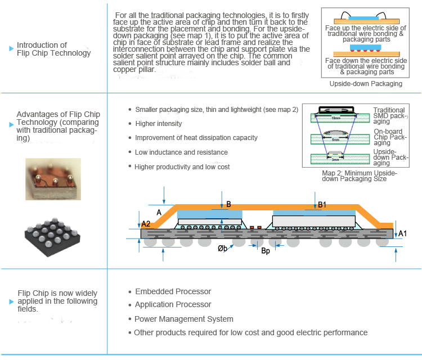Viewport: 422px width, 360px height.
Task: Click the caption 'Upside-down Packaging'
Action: pyautogui.click(x=366, y=84)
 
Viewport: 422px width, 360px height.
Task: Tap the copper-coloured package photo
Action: pyautogui.click(x=53, y=179)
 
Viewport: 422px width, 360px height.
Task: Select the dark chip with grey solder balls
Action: pyautogui.click(x=53, y=235)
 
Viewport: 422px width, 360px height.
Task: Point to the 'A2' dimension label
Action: pyautogui.click(x=146, y=224)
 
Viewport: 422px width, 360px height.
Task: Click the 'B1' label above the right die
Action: pyautogui.click(x=322, y=205)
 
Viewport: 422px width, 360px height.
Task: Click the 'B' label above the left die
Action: pyautogui.click(x=228, y=205)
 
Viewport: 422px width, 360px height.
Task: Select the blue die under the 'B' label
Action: pyautogui.click(x=209, y=214)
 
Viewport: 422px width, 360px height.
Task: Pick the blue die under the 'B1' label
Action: pyautogui.click(x=313, y=213)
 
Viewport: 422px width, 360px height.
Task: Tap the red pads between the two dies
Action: pyautogui.click(x=255, y=228)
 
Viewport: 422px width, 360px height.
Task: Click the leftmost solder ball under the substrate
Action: pyautogui.click(x=150, y=242)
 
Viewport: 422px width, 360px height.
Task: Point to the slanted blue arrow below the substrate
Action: pyautogui.click(x=227, y=248)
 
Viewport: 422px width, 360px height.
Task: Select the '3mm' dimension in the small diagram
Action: pyautogui.click(x=335, y=159)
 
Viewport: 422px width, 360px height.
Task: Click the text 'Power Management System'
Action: pyautogui.click(x=184, y=319)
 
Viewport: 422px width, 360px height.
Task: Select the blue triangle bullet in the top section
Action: pyautogui.click(x=12, y=49)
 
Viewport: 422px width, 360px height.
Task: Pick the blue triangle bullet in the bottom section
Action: pyautogui.click(x=12, y=301)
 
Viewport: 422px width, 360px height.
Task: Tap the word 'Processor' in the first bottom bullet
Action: pyautogui.click(x=193, y=291)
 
